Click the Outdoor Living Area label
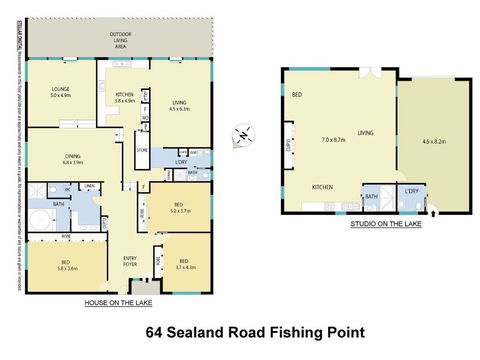coord(125,40)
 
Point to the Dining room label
coord(73,156)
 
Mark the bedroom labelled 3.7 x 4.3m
coord(185,268)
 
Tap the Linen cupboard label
coord(89,185)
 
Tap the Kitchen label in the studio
coord(322,187)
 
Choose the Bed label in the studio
coord(297,94)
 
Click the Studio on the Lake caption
coord(385,225)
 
